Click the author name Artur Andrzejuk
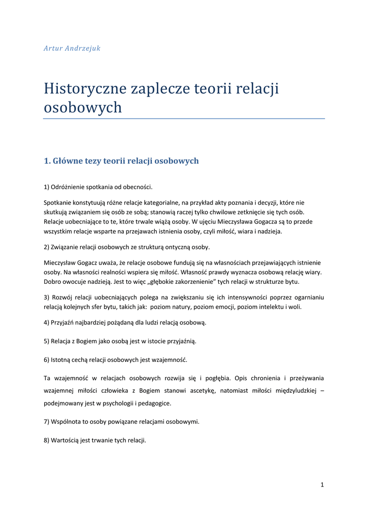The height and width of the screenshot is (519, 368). point(72,48)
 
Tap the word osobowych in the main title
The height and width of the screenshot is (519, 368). point(83,107)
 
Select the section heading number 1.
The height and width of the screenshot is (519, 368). point(47,161)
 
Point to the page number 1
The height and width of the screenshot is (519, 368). point(322,485)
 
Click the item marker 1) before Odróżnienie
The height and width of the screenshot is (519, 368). point(46,187)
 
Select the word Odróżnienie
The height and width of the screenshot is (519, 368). point(69,187)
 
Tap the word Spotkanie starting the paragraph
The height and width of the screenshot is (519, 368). point(58,203)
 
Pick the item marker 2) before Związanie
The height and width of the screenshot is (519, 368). point(46,247)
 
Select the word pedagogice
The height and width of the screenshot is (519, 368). point(154,403)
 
